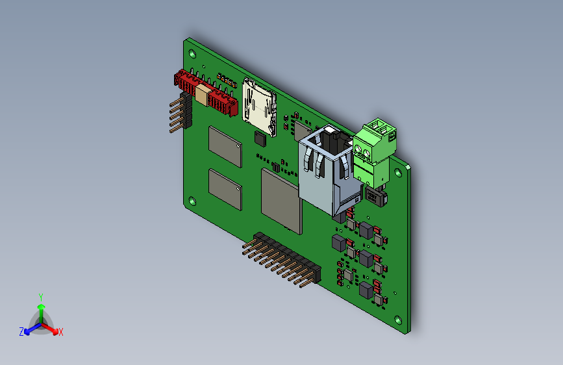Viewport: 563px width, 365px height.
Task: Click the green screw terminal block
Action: coord(374,153)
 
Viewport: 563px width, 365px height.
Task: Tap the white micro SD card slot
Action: coord(259,107)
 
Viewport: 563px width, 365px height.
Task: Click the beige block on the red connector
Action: coord(202,94)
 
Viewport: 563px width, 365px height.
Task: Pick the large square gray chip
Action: coord(282,201)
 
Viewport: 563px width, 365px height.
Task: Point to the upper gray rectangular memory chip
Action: coord(225,147)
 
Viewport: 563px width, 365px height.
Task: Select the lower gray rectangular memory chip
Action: coord(225,190)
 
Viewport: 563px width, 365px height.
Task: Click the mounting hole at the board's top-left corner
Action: coord(192,54)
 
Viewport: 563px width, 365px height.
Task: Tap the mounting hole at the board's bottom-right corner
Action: coord(398,320)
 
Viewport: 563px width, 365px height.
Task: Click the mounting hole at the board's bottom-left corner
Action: coord(192,201)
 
